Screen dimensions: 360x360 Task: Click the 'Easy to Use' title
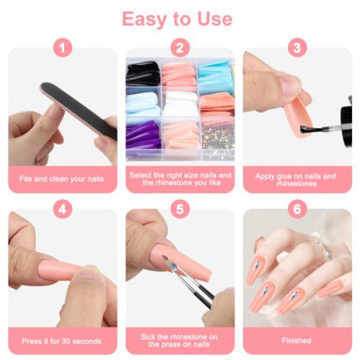point(177,18)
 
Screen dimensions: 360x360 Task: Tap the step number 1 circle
point(62,48)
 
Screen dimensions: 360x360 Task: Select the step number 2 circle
point(179,48)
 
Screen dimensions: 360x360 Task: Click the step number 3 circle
point(297,48)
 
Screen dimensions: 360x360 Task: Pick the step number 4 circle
point(62,209)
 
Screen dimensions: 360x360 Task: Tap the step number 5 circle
point(179,209)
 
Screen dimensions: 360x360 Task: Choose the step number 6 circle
point(297,209)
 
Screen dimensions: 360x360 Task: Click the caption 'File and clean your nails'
point(62,178)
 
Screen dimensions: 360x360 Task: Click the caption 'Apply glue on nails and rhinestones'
point(297,178)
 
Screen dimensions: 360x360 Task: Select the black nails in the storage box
point(143,75)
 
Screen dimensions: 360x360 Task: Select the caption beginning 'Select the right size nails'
point(179,178)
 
